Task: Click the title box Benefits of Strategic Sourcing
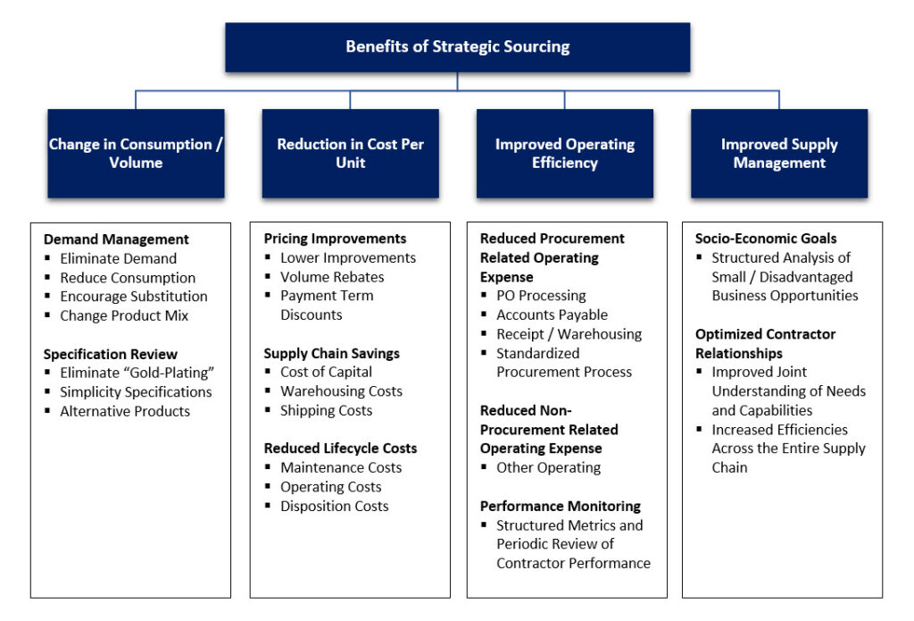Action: [457, 47]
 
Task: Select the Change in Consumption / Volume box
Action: [136, 154]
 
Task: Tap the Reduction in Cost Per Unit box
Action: [350, 154]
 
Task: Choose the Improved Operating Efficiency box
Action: [564, 154]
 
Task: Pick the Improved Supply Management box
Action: [778, 154]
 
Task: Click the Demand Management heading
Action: [116, 239]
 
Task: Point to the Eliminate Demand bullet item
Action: [118, 258]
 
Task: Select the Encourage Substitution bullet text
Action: [133, 297]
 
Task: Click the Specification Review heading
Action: [111, 355]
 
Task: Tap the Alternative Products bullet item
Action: [125, 412]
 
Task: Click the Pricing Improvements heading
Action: [335, 239]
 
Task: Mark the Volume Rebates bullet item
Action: [332, 277]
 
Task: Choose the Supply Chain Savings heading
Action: [330, 353]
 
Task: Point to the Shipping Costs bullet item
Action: [326, 411]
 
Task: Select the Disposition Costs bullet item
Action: [334, 507]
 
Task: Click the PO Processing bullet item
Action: [541, 296]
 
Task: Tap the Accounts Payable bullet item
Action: [552, 315]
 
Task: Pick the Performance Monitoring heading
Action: [560, 506]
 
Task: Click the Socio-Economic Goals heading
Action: [766, 239]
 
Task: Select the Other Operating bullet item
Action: [548, 468]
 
